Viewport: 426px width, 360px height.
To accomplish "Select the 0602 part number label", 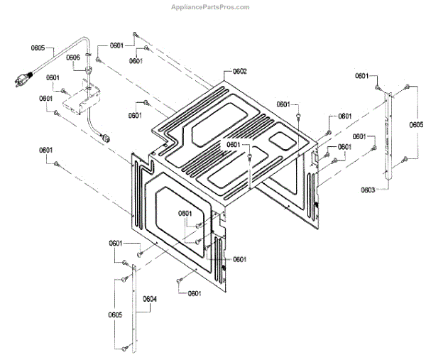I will [x=239, y=72].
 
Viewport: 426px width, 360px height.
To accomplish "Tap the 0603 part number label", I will [x=368, y=190].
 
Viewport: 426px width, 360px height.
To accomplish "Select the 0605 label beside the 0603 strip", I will [x=416, y=124].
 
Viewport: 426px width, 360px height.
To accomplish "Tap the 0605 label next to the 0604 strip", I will [x=116, y=314].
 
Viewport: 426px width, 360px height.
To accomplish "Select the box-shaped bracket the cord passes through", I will [x=80, y=99].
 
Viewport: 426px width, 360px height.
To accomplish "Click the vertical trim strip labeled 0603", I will [x=388, y=138].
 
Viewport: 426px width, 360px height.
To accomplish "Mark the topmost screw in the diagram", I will [x=135, y=33].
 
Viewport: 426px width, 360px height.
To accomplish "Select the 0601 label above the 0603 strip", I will [x=362, y=76].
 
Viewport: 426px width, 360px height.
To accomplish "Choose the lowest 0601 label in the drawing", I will [x=195, y=293].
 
